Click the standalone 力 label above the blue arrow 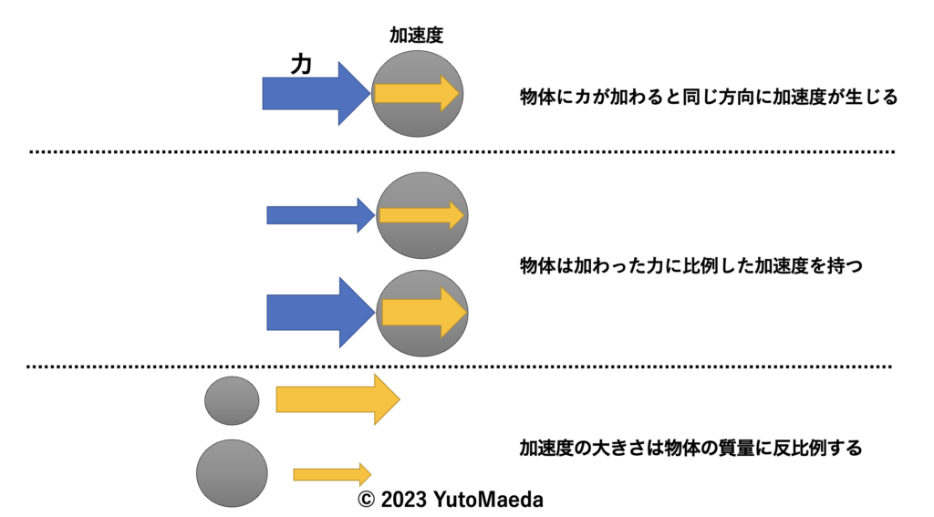pyautogui.click(x=301, y=64)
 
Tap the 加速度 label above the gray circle pyautogui.click(x=417, y=36)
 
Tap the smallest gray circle pyautogui.click(x=232, y=400)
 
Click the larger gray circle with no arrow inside pyautogui.click(x=232, y=473)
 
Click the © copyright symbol pyautogui.click(x=366, y=501)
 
